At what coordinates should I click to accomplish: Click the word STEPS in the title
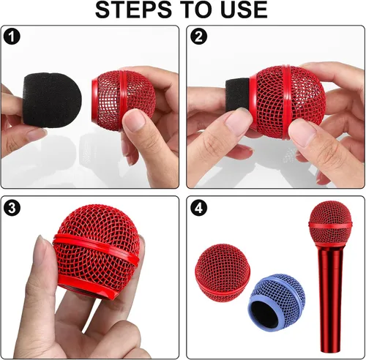(x=133, y=10)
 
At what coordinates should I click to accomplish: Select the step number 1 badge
(x=12, y=37)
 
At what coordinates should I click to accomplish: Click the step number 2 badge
(x=198, y=37)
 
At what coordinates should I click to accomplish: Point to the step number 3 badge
(x=12, y=208)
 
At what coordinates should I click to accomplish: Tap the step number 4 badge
(x=198, y=208)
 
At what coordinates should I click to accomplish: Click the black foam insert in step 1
(x=52, y=100)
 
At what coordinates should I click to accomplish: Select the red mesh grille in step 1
(x=124, y=100)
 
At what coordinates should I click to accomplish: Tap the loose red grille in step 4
(x=223, y=271)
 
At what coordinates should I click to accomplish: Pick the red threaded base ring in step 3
(x=87, y=288)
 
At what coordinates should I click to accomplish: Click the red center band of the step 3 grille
(x=97, y=247)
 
